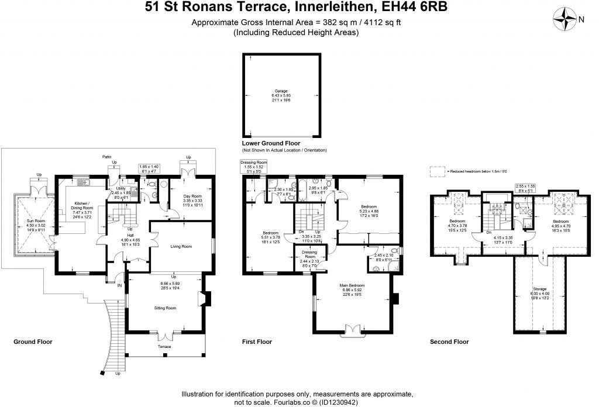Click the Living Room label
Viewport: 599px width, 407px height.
181,246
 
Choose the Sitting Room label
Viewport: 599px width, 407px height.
165,307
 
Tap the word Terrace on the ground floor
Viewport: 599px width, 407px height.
165,347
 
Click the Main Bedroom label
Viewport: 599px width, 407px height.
352,285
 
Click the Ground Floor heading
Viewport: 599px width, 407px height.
33,341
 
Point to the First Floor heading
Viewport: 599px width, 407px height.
257,341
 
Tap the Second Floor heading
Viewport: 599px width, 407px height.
449,341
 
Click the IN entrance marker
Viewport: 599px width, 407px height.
119,285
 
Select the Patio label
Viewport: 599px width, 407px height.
106,157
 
